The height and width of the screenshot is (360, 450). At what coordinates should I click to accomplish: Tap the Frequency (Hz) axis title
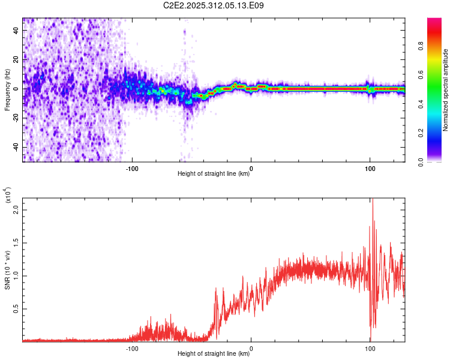coord(7,89)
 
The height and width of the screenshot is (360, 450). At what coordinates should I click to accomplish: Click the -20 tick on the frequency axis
coord(14,118)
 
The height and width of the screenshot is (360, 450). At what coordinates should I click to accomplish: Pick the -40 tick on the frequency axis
coord(14,148)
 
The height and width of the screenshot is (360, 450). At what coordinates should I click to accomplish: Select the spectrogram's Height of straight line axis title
coord(214,174)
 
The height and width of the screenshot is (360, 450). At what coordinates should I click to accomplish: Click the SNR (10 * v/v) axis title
coord(7,268)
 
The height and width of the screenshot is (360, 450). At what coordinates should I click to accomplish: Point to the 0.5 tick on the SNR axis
coord(16,309)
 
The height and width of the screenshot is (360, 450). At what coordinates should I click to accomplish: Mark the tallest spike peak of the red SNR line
coord(373,199)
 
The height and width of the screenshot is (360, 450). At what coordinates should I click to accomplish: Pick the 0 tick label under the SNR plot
coord(251,347)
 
